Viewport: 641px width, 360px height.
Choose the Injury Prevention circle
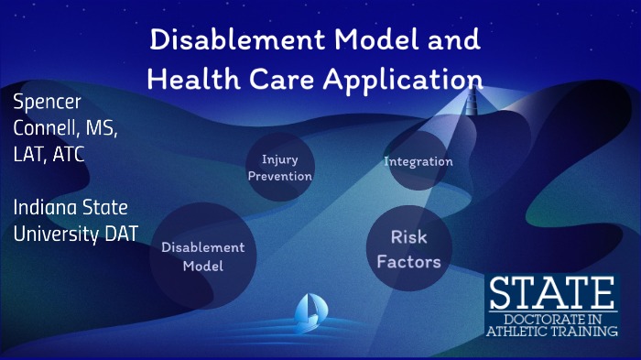pyautogui.click(x=280, y=168)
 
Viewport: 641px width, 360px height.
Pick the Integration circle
pyautogui.click(x=418, y=162)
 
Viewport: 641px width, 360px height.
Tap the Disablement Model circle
pyautogui.click(x=203, y=256)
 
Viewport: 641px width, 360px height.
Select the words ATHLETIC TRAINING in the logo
pyautogui.click(x=552, y=333)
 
